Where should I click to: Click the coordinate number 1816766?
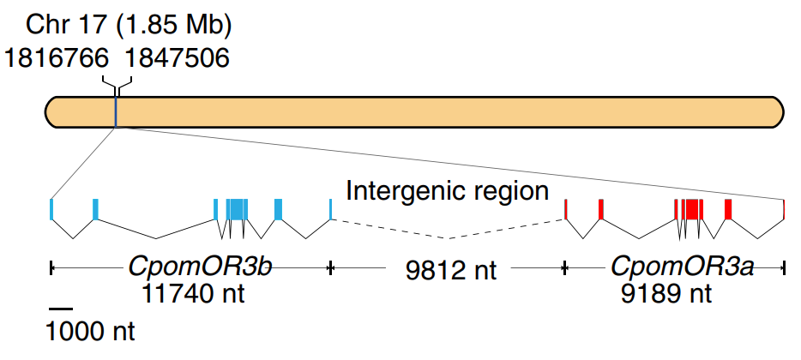click(x=57, y=58)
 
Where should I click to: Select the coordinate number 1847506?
click(x=178, y=58)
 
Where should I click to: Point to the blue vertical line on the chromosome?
click(x=116, y=112)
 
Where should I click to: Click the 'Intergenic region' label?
click(x=447, y=190)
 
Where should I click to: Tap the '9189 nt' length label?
click(x=666, y=294)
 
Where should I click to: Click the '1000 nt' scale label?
click(x=91, y=330)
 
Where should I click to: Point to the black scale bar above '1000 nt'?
click(x=61, y=308)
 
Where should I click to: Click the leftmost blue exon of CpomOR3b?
click(x=52, y=208)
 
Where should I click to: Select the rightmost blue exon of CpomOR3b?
click(x=331, y=208)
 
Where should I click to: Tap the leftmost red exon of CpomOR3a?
click(x=565, y=208)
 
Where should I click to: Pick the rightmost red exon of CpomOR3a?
click(x=784, y=208)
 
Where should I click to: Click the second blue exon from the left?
click(x=95, y=208)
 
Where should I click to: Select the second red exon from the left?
click(x=601, y=208)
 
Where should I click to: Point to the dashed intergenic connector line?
click(x=448, y=237)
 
